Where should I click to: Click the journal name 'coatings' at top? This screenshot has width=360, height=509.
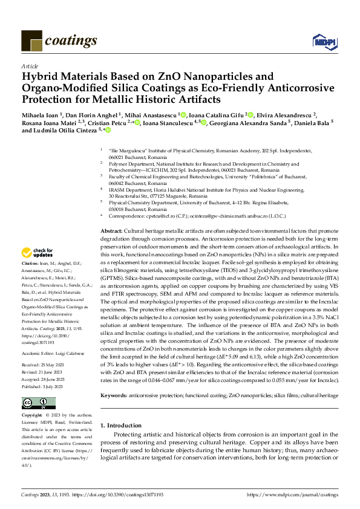point(72,41)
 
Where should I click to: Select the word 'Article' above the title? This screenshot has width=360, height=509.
point(30,66)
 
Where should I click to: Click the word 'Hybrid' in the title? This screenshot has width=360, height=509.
point(40,77)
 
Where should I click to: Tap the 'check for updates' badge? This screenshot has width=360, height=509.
point(38,270)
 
